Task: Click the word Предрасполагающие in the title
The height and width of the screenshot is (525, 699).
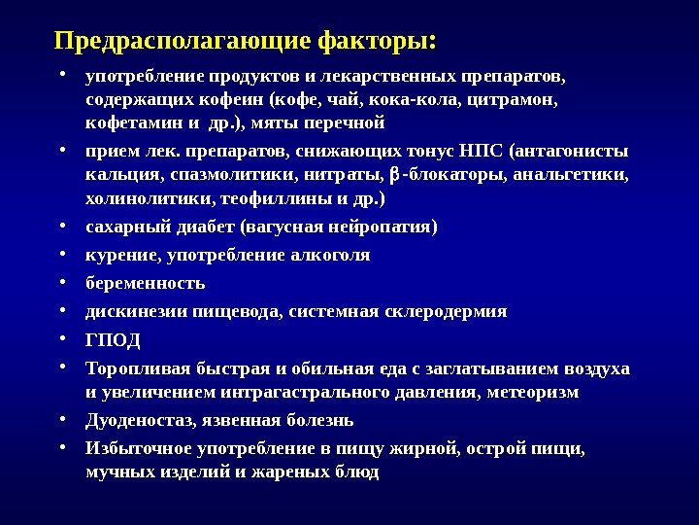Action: pyautogui.click(x=183, y=43)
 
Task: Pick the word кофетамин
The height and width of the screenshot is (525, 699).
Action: pyautogui.click(x=130, y=123)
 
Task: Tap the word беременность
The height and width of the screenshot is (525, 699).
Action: pyautogui.click(x=146, y=284)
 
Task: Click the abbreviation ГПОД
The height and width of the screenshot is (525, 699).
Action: pyautogui.click(x=114, y=340)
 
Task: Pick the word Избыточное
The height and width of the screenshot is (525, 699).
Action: pyautogui.click(x=139, y=449)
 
